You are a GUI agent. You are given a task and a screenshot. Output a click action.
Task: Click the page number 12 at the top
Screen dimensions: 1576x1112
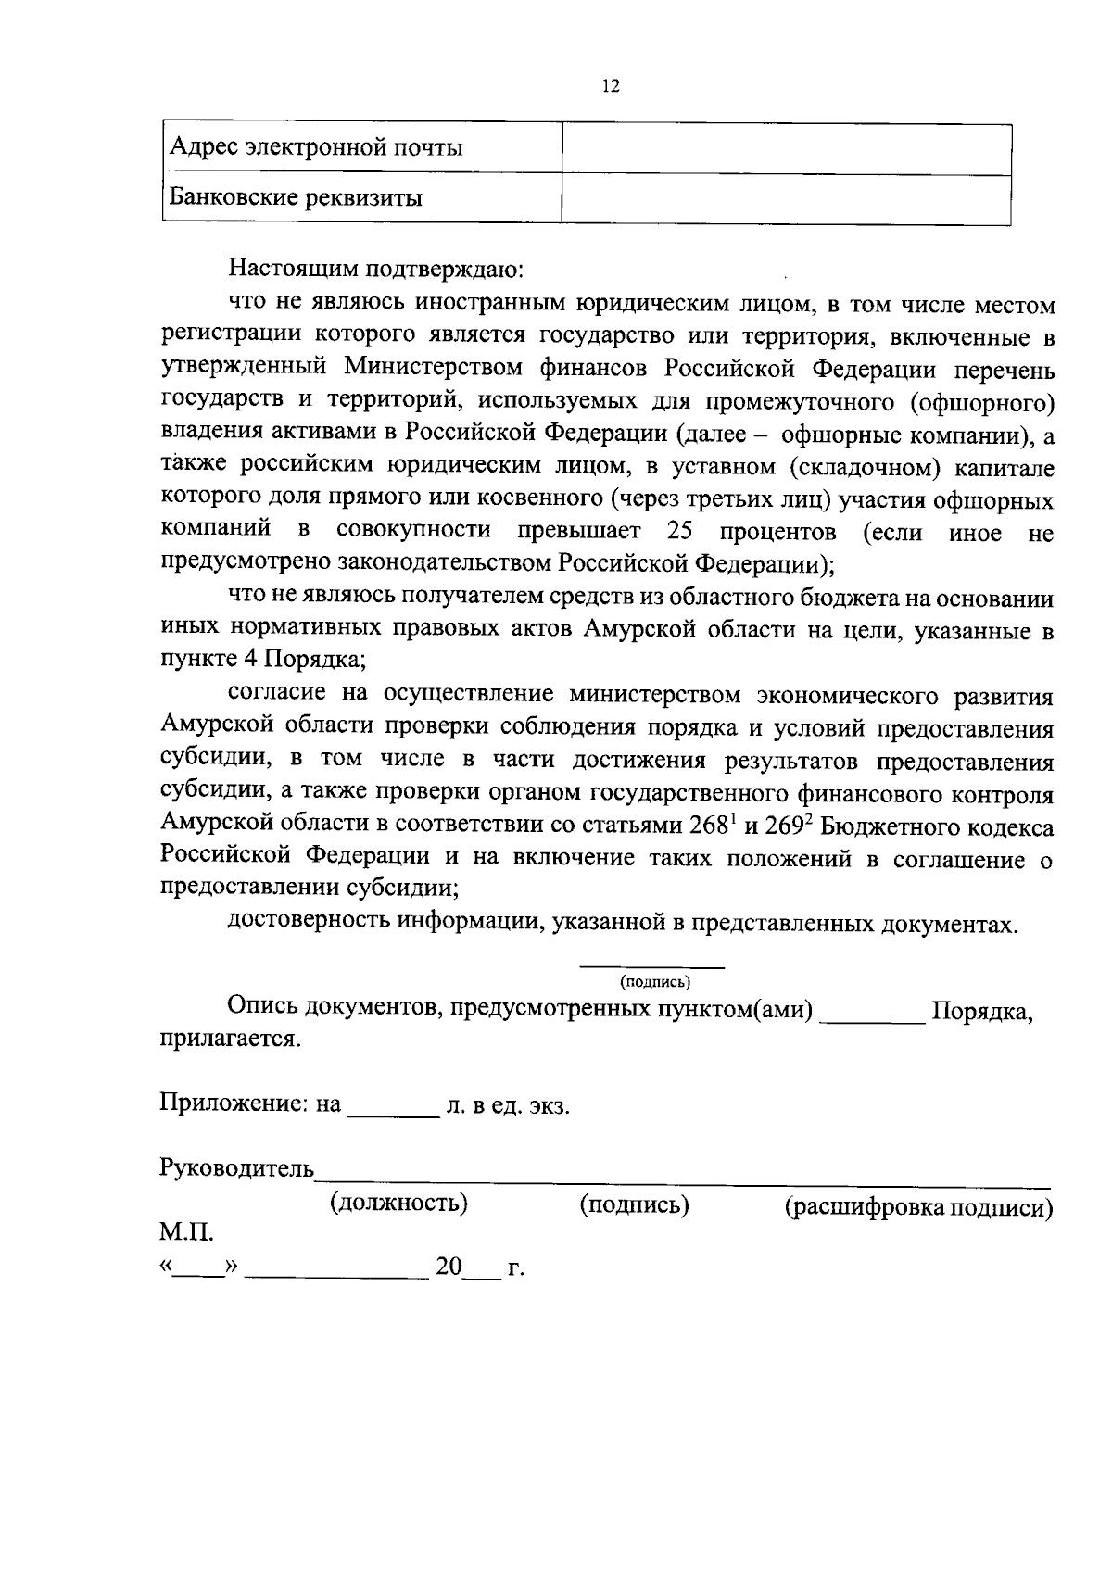(610, 86)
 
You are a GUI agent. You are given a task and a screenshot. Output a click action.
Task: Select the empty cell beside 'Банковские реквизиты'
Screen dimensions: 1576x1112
(786, 198)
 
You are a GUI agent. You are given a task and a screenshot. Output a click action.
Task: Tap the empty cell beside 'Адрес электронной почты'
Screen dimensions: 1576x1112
(786, 149)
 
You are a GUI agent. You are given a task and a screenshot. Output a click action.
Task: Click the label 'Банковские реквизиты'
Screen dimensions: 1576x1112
(296, 198)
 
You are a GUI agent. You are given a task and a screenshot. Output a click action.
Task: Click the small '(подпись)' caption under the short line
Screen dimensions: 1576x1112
(655, 981)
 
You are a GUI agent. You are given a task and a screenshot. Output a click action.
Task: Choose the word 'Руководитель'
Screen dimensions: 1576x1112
(237, 1167)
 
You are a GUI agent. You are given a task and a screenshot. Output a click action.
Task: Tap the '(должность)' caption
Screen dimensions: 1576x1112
(398, 1204)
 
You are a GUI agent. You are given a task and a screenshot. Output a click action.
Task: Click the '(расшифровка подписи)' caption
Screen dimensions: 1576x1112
(918, 1207)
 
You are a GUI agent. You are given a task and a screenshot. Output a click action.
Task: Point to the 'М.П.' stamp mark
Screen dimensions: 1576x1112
(186, 1233)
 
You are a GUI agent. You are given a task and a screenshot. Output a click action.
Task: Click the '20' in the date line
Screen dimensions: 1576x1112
(449, 1267)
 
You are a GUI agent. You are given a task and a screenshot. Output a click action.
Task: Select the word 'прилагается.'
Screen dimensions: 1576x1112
(231, 1039)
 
